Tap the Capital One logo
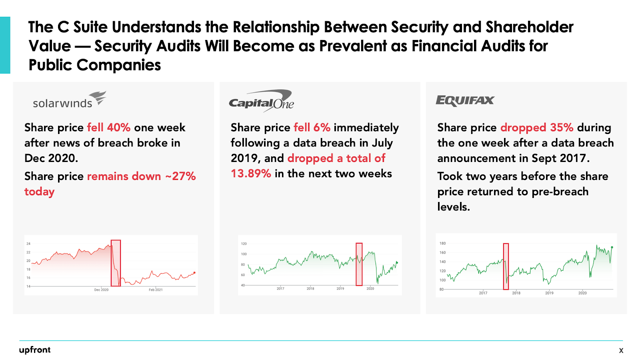pyautogui.click(x=261, y=101)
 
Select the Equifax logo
pyautogui.click(x=465, y=100)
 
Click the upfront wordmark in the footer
pyautogui.click(x=35, y=350)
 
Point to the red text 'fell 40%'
pyautogui.click(x=109, y=128)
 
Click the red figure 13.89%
pyautogui.click(x=251, y=174)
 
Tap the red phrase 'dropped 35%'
pyautogui.click(x=537, y=128)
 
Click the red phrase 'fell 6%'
pyautogui.click(x=312, y=128)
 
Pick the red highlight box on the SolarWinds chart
pyautogui.click(x=116, y=263)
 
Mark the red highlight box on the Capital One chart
pyautogui.click(x=359, y=264)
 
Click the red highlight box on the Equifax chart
pyautogui.click(x=506, y=266)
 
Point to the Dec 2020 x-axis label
pyautogui.click(x=101, y=290)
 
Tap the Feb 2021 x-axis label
pyautogui.click(x=156, y=290)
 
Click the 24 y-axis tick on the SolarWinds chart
pyautogui.click(x=28, y=244)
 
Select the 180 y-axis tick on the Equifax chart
pyautogui.click(x=442, y=243)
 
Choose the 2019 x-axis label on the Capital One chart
pyautogui.click(x=340, y=288)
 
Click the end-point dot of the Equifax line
pyautogui.click(x=612, y=248)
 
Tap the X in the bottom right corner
pyautogui.click(x=621, y=350)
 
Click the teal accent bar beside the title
pyautogui.click(x=5, y=45)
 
